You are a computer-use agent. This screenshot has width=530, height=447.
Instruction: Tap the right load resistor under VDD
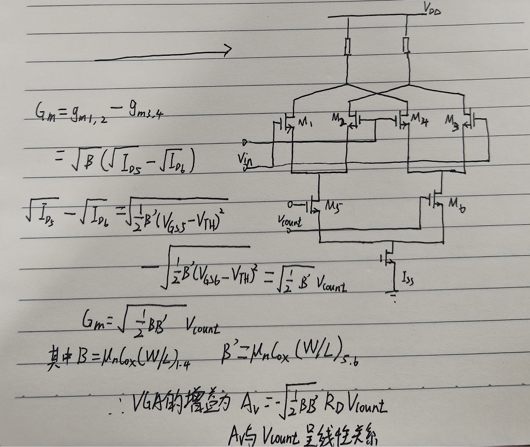(x=407, y=45)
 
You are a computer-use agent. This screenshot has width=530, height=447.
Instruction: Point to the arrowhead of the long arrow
(x=226, y=50)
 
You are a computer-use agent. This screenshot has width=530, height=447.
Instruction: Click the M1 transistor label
(x=305, y=123)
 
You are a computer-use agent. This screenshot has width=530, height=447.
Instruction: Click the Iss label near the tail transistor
(x=407, y=280)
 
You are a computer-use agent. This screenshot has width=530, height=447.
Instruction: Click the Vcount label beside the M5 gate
(x=289, y=222)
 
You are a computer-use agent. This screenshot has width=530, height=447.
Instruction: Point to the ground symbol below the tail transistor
(x=393, y=296)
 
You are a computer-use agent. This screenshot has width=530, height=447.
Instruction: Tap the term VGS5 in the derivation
(x=169, y=222)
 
